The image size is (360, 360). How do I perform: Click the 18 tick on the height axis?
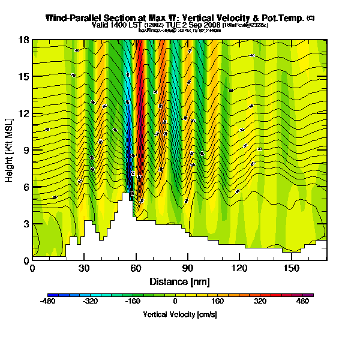pyautogui.click(x=25, y=40)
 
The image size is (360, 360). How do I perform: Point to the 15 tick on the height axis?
pyautogui.click(x=25, y=77)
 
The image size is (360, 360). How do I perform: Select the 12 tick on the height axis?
pyautogui.click(x=25, y=113)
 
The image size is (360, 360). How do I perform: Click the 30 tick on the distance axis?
pyautogui.click(x=84, y=268)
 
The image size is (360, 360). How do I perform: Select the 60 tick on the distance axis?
pyautogui.click(x=136, y=268)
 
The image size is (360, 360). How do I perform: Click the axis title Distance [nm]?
pyautogui.click(x=179, y=281)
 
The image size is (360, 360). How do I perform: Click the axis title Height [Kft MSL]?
pyautogui.click(x=10, y=150)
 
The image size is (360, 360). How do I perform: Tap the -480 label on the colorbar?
pyautogui.click(x=48, y=302)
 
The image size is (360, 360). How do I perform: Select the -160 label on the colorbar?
pyautogui.click(x=133, y=302)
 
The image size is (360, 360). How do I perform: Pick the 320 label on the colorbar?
pyautogui.click(x=260, y=302)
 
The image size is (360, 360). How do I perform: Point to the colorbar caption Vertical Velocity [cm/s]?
pyautogui.click(x=180, y=314)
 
